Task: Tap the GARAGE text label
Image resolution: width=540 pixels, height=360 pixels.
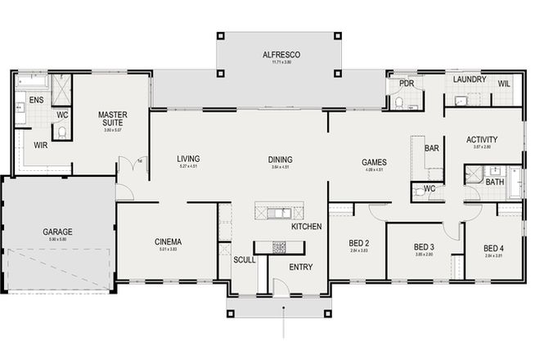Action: [x=57, y=232]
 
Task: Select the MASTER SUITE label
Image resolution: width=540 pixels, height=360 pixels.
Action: [x=110, y=119]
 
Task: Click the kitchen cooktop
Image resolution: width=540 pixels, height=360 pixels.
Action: [x=279, y=246]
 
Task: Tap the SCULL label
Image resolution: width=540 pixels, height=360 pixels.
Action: [x=244, y=259]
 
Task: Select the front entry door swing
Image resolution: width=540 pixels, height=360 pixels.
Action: [x=281, y=286]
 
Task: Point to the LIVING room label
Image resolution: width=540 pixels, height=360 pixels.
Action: [x=188, y=159]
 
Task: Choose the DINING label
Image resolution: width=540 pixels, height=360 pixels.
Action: [x=280, y=160]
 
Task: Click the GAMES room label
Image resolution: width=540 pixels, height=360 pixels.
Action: [x=374, y=162]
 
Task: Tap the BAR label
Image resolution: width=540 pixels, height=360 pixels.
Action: [x=432, y=148]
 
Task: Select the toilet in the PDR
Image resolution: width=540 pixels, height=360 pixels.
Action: [x=398, y=102]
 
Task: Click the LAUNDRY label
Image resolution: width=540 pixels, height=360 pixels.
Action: [x=470, y=80]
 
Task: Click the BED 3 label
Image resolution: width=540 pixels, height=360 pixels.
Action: [x=423, y=247]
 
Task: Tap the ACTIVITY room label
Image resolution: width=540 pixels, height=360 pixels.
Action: [x=482, y=139]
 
